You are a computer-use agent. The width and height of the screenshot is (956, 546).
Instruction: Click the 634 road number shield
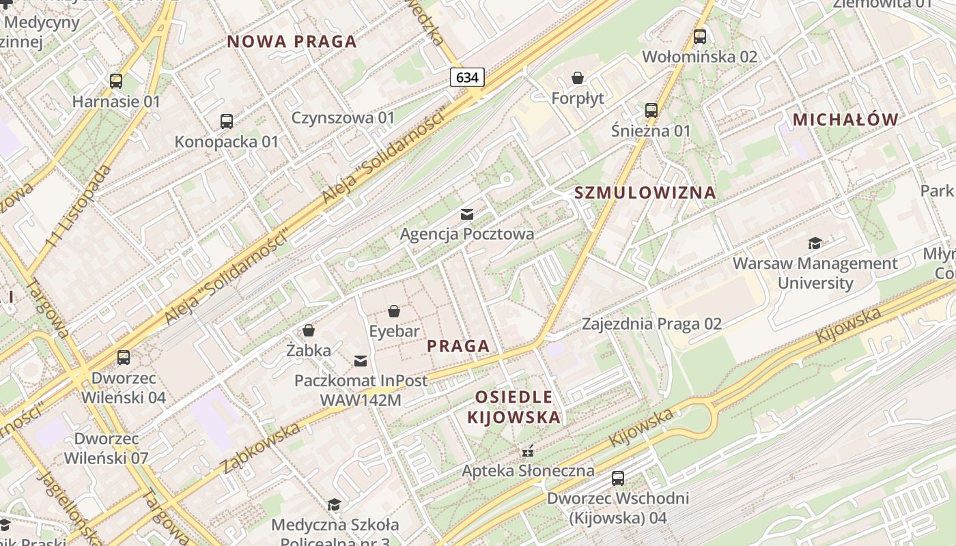coord(467,77)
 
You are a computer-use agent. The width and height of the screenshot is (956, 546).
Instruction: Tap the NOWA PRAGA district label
coord(292,42)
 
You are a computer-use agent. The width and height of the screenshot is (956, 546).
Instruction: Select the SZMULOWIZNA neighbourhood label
coord(645,192)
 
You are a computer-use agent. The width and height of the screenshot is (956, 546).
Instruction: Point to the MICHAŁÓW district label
coord(845,120)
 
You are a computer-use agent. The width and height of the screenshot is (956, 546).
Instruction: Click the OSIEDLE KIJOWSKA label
coord(514,407)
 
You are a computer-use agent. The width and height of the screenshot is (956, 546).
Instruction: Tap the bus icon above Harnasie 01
coord(116,81)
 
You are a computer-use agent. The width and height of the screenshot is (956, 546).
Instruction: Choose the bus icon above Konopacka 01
coord(227,121)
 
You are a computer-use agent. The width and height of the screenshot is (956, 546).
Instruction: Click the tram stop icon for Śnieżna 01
coord(651,110)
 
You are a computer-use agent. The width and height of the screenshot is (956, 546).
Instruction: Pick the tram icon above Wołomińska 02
coord(700,37)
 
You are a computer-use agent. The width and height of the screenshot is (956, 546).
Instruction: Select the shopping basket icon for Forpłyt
coord(578,78)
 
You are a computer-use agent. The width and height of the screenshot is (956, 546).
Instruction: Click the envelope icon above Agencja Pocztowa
coord(467,214)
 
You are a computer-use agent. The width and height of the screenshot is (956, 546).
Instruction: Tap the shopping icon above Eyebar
coord(394,312)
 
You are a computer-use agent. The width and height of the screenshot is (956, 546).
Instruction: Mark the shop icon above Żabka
coord(309,331)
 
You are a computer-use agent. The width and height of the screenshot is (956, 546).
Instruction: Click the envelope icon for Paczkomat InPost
coord(361,360)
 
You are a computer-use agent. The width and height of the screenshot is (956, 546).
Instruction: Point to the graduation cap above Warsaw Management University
coord(815,243)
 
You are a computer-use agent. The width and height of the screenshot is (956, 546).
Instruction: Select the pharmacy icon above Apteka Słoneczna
coord(527,451)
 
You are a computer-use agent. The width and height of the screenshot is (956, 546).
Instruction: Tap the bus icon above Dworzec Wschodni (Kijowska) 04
coord(618,478)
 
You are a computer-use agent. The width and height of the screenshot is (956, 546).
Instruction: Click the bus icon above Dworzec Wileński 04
coord(124,358)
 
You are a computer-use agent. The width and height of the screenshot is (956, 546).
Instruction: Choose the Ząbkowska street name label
coord(261,448)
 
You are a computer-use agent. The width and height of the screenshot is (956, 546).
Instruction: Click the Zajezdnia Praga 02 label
coord(651,324)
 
